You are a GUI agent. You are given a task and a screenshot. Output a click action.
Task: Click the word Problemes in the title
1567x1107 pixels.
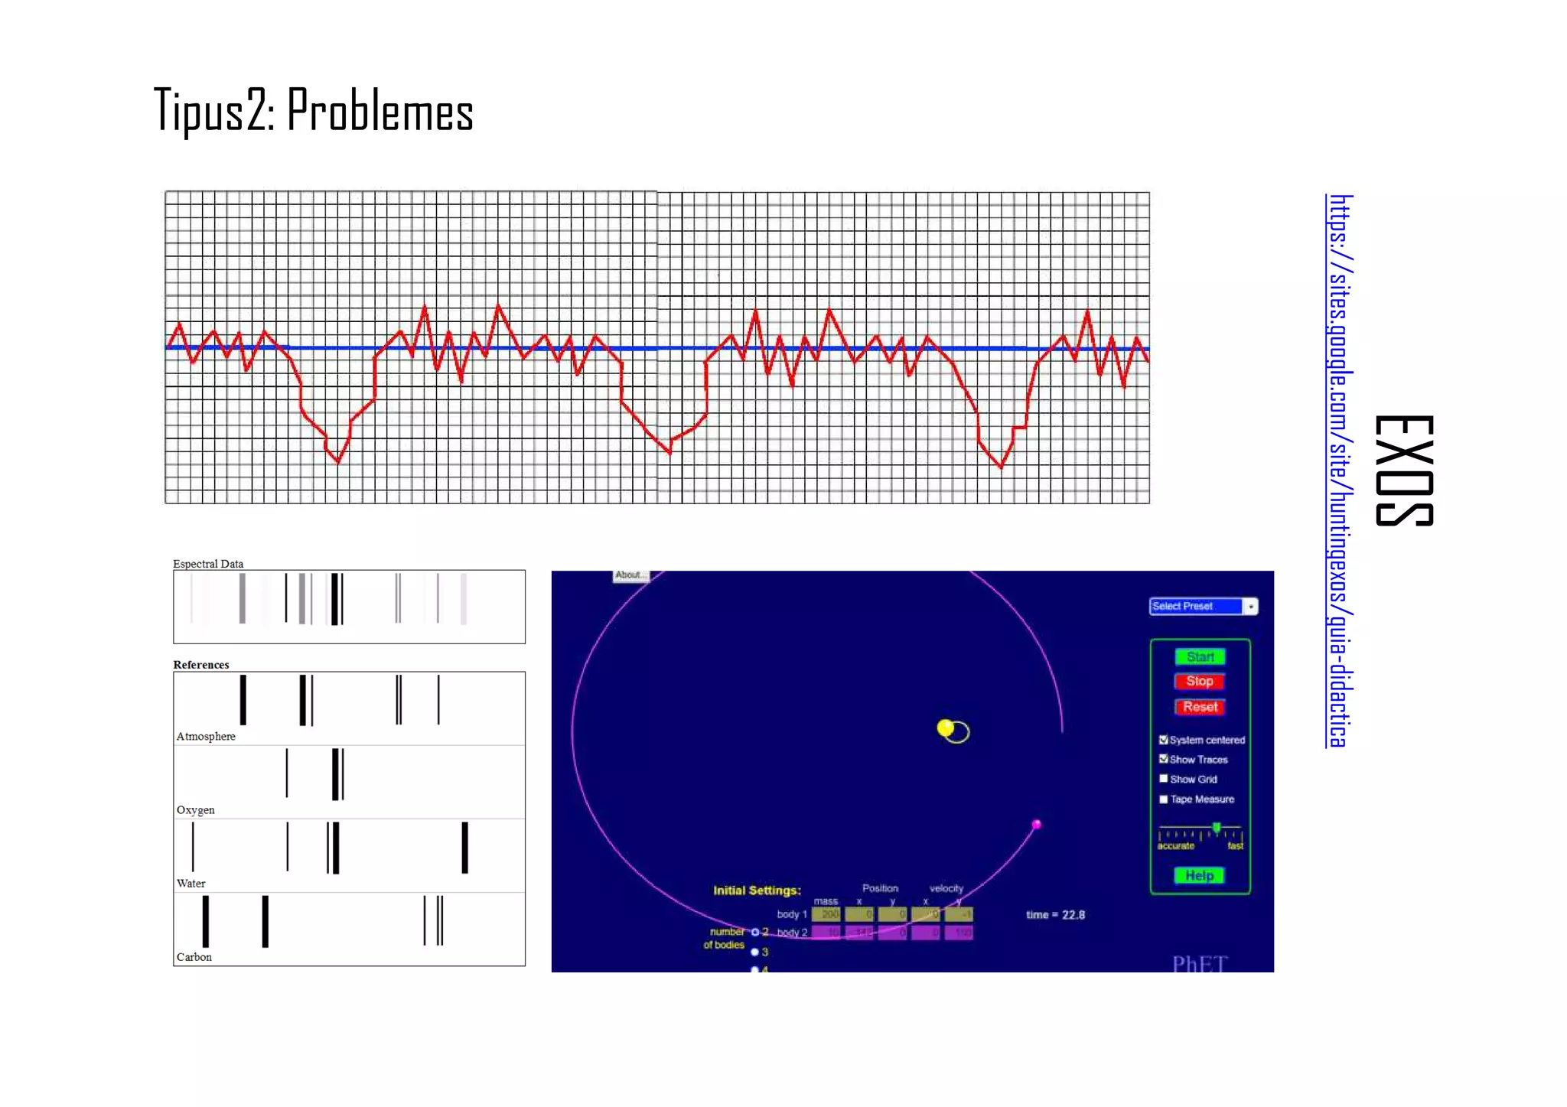click(x=380, y=112)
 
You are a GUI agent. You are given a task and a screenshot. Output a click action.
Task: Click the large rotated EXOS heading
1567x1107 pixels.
click(x=1404, y=470)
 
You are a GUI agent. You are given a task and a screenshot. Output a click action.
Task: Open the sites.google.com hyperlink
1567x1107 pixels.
click(x=1340, y=470)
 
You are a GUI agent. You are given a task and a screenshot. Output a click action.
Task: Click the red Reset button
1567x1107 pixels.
click(x=1200, y=707)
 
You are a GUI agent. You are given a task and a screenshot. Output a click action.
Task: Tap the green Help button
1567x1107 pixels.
click(x=1199, y=875)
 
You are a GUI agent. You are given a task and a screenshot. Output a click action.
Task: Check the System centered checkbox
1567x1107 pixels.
click(x=1164, y=740)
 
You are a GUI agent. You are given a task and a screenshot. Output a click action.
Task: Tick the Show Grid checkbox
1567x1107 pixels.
click(x=1164, y=779)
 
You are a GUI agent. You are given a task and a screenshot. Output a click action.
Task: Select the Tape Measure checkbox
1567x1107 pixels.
click(x=1164, y=799)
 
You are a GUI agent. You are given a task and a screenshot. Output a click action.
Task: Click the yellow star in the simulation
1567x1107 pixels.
click(x=946, y=728)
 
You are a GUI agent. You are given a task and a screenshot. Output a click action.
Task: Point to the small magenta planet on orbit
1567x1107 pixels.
click(x=1036, y=824)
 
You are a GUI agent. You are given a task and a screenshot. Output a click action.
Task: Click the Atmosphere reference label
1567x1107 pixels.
click(x=206, y=736)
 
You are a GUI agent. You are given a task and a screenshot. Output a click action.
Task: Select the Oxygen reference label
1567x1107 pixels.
click(x=196, y=809)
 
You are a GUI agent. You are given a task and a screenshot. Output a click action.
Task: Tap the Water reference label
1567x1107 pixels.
click(x=191, y=883)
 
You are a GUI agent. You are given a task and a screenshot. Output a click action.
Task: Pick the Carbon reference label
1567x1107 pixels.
click(x=194, y=956)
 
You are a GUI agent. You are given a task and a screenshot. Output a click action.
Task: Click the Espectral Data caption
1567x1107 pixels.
click(x=208, y=564)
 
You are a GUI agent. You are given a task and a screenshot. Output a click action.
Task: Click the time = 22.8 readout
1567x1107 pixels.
click(x=1055, y=915)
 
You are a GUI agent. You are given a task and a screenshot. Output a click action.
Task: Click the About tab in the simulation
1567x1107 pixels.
click(x=630, y=575)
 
